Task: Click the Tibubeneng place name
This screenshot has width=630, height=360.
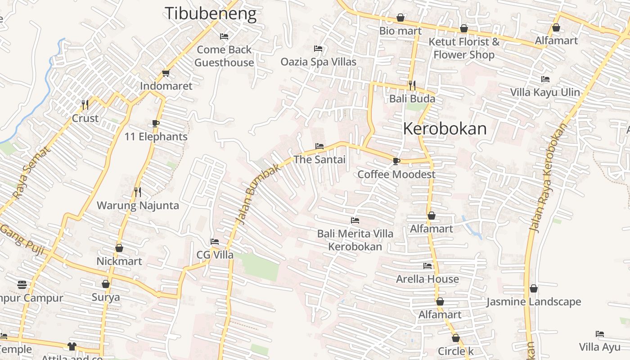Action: pyautogui.click(x=211, y=13)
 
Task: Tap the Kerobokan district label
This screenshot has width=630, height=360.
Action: pyautogui.click(x=445, y=129)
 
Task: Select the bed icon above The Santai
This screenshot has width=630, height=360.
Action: pyautogui.click(x=319, y=146)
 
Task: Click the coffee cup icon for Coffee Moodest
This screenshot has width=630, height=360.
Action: pyautogui.click(x=396, y=161)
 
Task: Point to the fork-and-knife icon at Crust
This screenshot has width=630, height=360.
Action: pyautogui.click(x=85, y=104)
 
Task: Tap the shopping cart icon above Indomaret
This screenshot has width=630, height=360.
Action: pyautogui.click(x=166, y=73)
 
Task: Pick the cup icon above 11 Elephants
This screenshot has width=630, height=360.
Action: pyautogui.click(x=156, y=123)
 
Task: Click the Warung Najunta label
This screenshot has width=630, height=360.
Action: pyautogui.click(x=138, y=206)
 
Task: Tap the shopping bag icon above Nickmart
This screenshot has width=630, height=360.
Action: pyautogui.click(x=119, y=248)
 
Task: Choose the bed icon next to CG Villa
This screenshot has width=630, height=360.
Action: pyautogui.click(x=215, y=242)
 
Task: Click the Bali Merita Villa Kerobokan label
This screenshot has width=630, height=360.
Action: pyautogui.click(x=355, y=240)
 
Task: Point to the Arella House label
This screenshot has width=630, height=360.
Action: pyautogui.click(x=427, y=279)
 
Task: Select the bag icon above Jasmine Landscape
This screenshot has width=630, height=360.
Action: pyautogui.click(x=534, y=288)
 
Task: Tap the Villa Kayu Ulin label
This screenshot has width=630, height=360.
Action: pyautogui.click(x=545, y=93)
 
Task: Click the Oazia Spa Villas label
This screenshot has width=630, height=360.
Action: pyautogui.click(x=319, y=62)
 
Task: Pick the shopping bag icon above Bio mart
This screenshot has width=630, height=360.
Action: pyautogui.click(x=400, y=18)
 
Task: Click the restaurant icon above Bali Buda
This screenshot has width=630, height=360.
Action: pyautogui.click(x=412, y=85)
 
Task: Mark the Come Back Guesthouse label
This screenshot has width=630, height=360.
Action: pyautogui.click(x=224, y=56)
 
